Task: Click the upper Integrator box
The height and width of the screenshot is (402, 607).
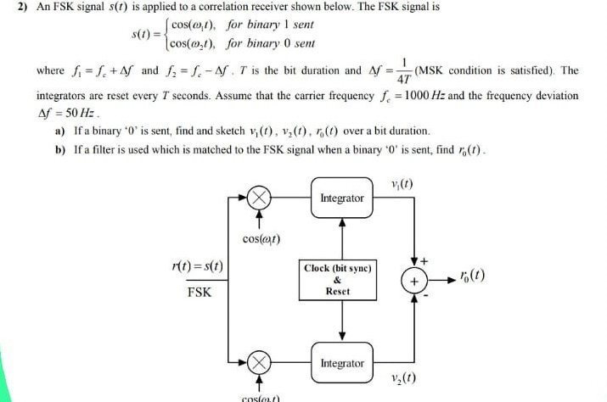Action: point(342,198)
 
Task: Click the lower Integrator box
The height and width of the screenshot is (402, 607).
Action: point(342,363)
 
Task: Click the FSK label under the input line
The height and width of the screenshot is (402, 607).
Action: point(199,293)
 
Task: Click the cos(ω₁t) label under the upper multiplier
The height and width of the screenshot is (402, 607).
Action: point(261,239)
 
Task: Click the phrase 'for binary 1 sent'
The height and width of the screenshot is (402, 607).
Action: point(265,25)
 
